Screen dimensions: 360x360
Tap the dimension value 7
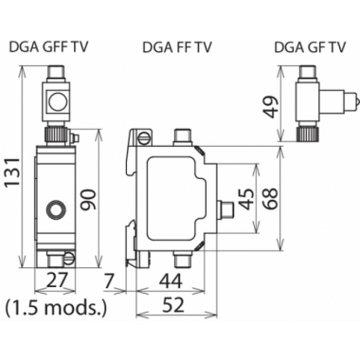(110, 280)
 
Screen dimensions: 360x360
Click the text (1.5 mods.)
(55, 307)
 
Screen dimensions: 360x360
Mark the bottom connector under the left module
(66, 257)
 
